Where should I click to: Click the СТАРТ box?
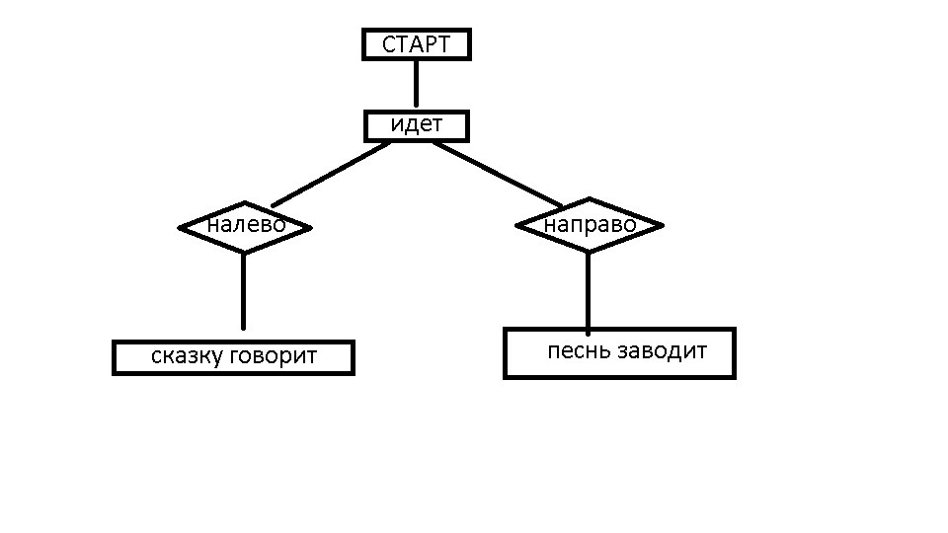(416, 44)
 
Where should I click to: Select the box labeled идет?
(416, 126)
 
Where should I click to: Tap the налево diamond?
(245, 226)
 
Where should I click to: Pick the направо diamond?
(590, 225)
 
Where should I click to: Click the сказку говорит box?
(233, 356)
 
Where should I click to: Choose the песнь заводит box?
(619, 352)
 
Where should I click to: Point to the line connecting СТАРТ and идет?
(416, 84)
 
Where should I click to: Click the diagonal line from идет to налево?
(331, 173)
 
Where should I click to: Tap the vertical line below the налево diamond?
(243, 291)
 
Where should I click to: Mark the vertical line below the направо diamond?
(589, 291)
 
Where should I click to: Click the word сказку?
(187, 356)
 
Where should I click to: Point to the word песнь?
(579, 351)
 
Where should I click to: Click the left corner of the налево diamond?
(182, 227)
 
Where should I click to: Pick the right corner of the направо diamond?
(660, 225)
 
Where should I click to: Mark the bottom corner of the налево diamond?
(244, 251)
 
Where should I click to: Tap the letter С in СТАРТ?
(388, 44)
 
